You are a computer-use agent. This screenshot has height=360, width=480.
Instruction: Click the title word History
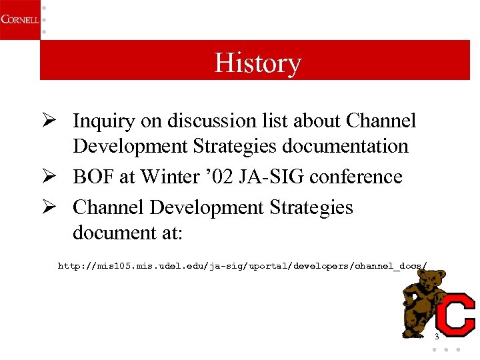point(257,63)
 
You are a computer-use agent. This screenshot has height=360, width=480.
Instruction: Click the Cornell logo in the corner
point(19,19)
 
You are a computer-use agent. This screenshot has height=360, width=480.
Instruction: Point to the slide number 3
point(437,337)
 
